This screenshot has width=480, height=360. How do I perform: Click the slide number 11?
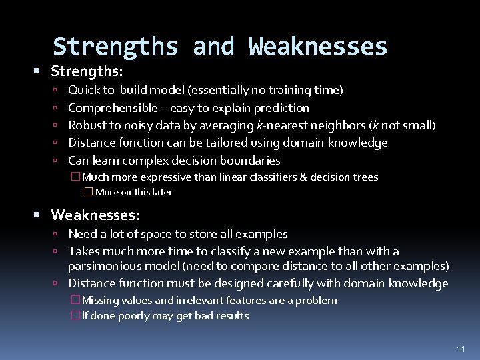(x=460, y=349)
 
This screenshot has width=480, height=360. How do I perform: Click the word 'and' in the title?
(x=213, y=47)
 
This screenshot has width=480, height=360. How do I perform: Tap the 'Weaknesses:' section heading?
(x=95, y=215)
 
